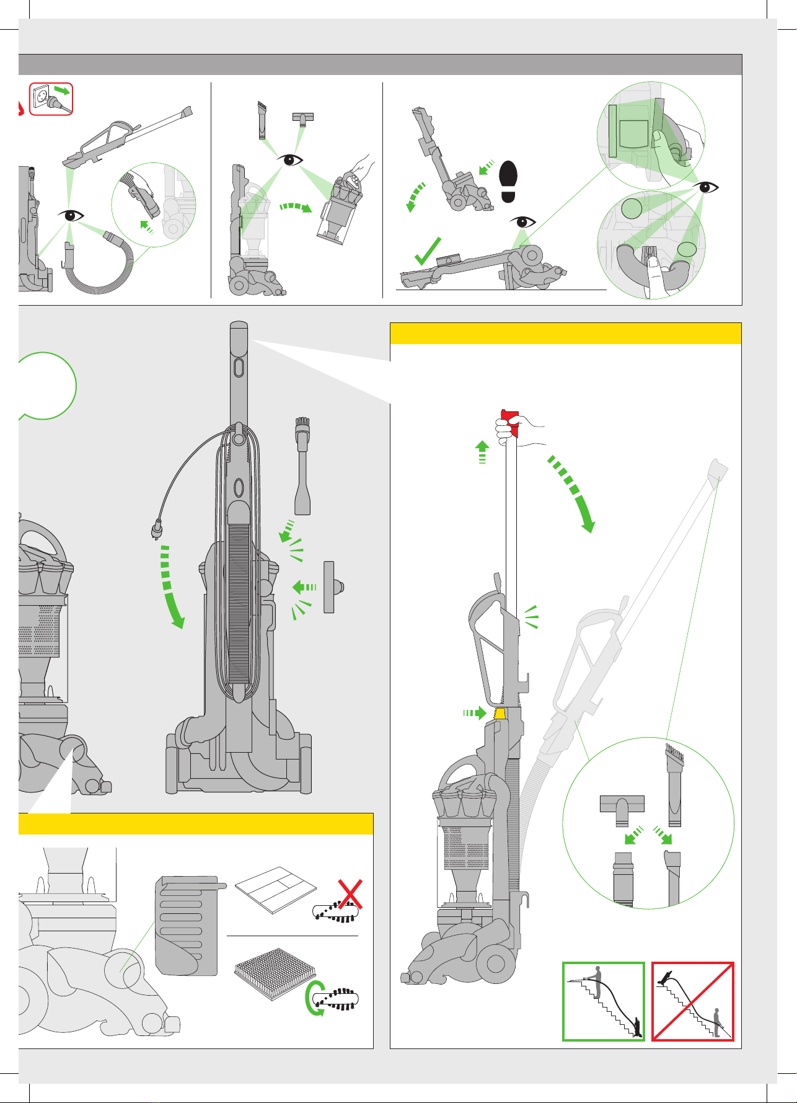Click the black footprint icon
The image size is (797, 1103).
pos(508,181)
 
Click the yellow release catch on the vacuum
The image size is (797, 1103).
pos(500,713)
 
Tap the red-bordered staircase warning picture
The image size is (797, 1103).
pos(693,1001)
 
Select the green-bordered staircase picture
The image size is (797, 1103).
pos(604,1001)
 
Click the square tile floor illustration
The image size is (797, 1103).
pos(276,889)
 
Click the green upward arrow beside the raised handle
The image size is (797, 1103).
pos(482,451)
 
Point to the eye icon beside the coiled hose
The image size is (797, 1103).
pos(71,215)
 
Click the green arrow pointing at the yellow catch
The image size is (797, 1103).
pos(476,713)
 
